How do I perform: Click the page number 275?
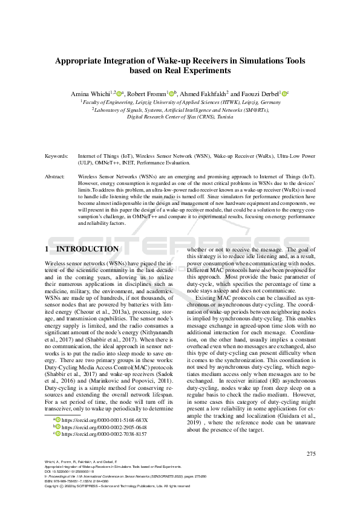311,454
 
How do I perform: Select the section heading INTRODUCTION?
87,249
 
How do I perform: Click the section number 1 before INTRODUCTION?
47,249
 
